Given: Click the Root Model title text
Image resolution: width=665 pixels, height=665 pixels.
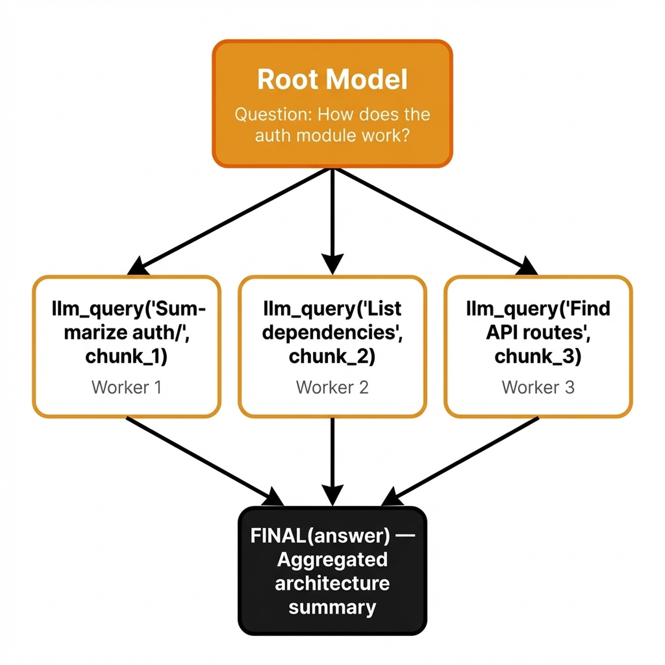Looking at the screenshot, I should (332, 79).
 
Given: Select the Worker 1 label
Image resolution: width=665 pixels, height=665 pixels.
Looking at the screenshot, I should (126, 387).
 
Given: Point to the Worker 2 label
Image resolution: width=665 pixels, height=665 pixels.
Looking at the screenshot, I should (332, 387).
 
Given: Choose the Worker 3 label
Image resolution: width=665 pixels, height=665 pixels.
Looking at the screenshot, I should (538, 387).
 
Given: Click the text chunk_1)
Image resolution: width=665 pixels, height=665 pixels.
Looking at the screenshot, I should (126, 356).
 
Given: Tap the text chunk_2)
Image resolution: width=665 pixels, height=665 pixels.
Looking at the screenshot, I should (332, 356).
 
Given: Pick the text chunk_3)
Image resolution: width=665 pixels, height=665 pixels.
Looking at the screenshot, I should (538, 356).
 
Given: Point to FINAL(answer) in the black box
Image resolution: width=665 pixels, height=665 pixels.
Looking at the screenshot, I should (320, 536).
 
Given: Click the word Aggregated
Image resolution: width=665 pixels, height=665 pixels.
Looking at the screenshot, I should (332, 560).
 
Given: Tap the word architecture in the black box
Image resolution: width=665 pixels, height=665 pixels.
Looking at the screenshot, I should (332, 583).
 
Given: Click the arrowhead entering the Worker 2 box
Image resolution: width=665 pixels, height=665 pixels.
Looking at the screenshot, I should (332, 264).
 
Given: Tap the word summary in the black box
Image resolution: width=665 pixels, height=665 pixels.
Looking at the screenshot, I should (332, 607).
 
